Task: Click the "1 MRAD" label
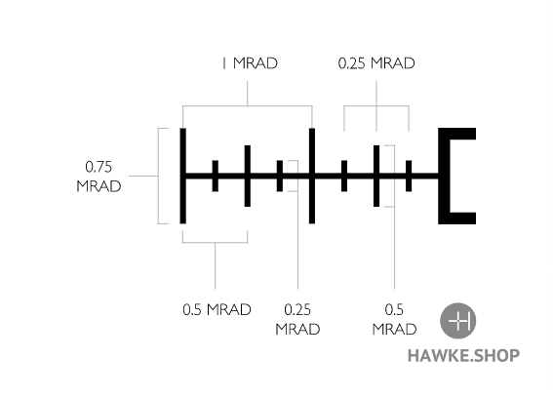click(x=250, y=63)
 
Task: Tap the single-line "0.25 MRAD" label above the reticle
click(x=376, y=63)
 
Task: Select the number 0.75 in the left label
click(x=99, y=167)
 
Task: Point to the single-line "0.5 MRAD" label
click(x=217, y=310)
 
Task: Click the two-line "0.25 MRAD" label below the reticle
click(x=297, y=319)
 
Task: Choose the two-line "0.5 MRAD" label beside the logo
click(x=394, y=319)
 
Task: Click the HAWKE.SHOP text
click(x=463, y=355)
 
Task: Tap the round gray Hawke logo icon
click(x=457, y=321)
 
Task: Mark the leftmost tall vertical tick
click(x=182, y=176)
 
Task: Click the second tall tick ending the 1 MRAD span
click(x=312, y=176)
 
